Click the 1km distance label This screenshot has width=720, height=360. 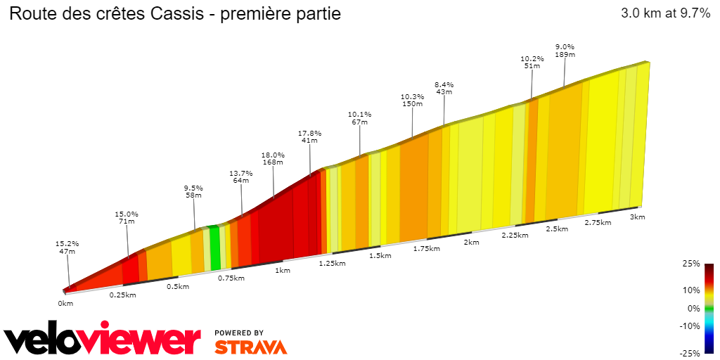283,271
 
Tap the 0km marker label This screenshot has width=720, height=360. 65,303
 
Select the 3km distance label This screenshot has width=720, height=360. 637,217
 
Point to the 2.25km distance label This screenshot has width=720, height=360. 515,235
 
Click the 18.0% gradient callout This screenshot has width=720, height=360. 273,159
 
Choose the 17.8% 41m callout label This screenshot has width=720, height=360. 309,136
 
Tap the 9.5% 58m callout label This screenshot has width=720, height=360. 193,192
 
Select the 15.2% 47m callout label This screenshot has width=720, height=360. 67,247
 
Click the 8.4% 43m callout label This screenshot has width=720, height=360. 444,89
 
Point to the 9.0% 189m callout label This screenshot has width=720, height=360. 565,51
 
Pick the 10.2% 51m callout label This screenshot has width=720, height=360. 532,63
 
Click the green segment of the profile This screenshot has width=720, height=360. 215,247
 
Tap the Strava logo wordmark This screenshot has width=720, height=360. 250,347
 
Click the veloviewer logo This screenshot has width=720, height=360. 102,340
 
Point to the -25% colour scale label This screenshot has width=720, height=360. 690,353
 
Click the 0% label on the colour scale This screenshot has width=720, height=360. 693,308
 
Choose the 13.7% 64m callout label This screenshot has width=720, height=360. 240,176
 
